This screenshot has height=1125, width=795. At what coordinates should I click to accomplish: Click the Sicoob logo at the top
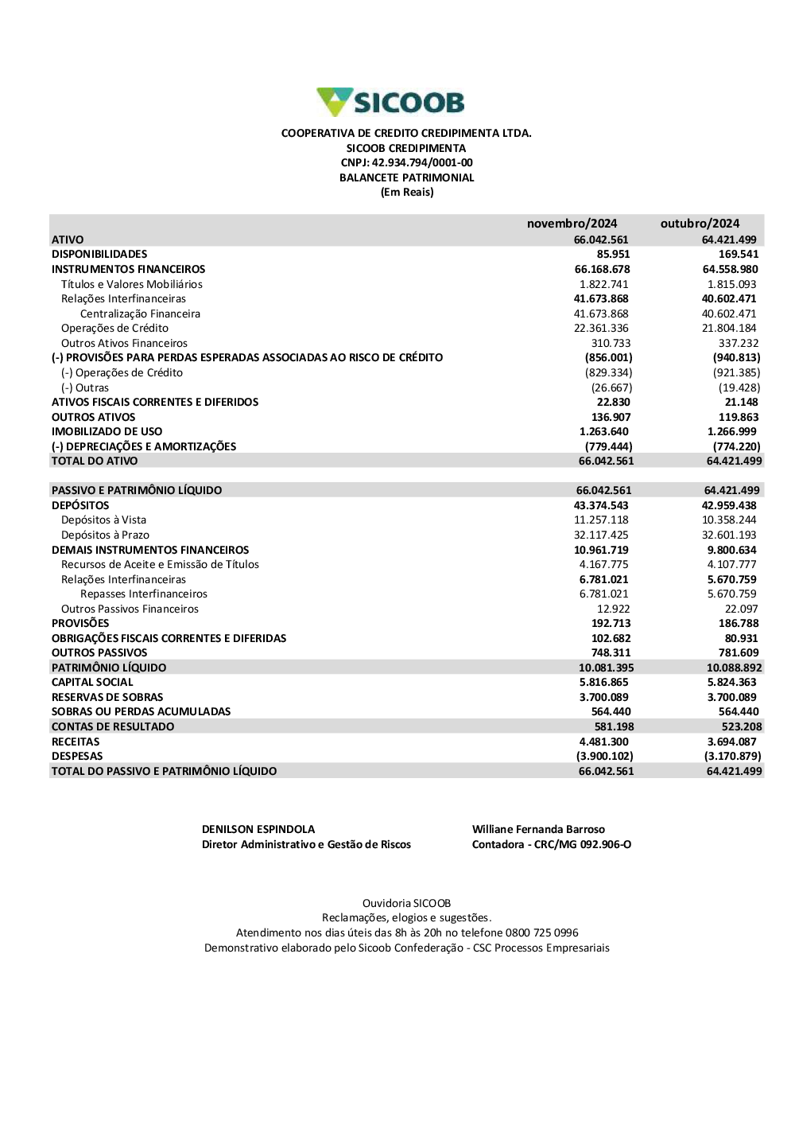pyautogui.click(x=390, y=103)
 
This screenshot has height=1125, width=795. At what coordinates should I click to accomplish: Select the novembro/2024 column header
pyautogui.click(x=572, y=224)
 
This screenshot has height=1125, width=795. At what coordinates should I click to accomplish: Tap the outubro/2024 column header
pyautogui.click(x=700, y=224)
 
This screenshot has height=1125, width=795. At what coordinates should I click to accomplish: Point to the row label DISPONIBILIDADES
pyautogui.click(x=99, y=255)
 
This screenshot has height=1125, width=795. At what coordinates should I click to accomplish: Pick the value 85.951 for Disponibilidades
pyautogui.click(x=613, y=255)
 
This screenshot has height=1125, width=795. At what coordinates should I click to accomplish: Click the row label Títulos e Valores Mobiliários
pyautogui.click(x=132, y=284)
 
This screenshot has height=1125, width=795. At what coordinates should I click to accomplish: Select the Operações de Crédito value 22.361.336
pyautogui.click(x=601, y=329)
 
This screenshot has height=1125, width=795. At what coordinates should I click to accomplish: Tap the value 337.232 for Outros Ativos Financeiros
pyautogui.click(x=739, y=344)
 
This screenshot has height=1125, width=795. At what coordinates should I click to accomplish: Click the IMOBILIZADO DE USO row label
pyautogui.click(x=107, y=432)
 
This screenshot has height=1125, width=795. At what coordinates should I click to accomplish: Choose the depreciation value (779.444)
pyautogui.click(x=608, y=447)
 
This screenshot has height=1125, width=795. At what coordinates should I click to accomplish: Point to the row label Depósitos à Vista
pyautogui.click(x=103, y=520)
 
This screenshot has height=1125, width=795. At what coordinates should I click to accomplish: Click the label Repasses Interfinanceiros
pyautogui.click(x=144, y=594)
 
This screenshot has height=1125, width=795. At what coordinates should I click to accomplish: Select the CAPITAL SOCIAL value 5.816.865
pyautogui.click(x=603, y=683)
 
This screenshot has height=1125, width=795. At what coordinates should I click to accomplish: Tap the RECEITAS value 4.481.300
pyautogui.click(x=603, y=742)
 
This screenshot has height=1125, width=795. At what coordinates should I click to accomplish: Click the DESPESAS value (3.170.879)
pyautogui.click(x=732, y=757)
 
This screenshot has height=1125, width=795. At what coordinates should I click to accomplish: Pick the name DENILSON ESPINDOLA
pyautogui.click(x=258, y=830)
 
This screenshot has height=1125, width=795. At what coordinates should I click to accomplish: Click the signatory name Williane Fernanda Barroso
pyautogui.click(x=538, y=830)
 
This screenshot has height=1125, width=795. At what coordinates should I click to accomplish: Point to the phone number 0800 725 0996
pyautogui.click(x=542, y=933)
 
